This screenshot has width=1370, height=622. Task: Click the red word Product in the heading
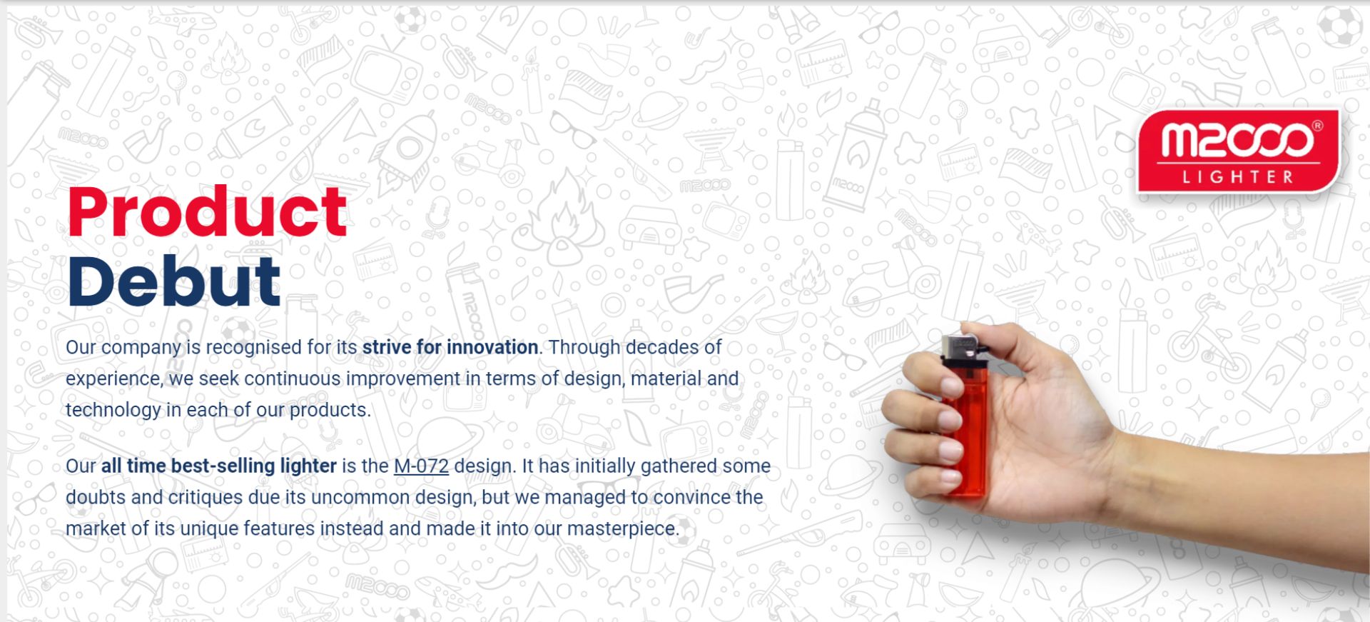[208, 211]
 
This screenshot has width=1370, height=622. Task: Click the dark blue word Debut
[174, 281]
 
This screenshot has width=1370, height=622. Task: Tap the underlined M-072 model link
[421, 466]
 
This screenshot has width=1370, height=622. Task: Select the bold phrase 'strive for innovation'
[450, 347]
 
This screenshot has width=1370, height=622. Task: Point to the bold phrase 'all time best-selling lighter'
[218, 466]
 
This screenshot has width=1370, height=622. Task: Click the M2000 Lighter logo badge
[1239, 151]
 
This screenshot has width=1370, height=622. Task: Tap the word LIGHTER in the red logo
[1238, 176]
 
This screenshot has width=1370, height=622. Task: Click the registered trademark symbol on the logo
[1317, 126]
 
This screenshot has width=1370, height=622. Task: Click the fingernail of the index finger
[950, 386]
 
